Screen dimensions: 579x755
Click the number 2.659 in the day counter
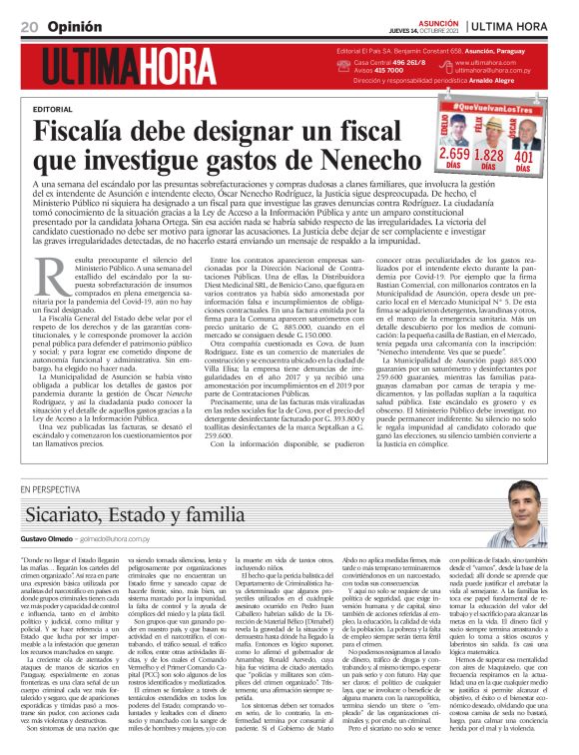click(453, 156)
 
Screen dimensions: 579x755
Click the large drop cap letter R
click(50, 273)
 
